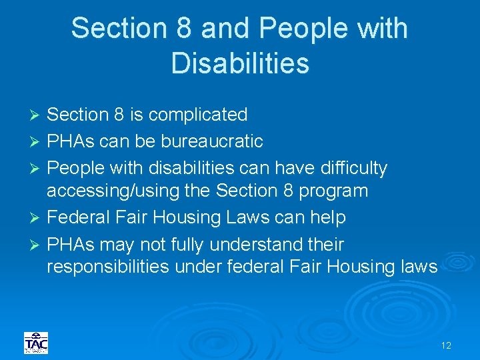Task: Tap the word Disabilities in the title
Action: pyautogui.click(x=240, y=63)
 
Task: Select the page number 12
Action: pyautogui.click(x=446, y=345)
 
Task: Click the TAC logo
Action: pyautogui.click(x=36, y=343)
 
